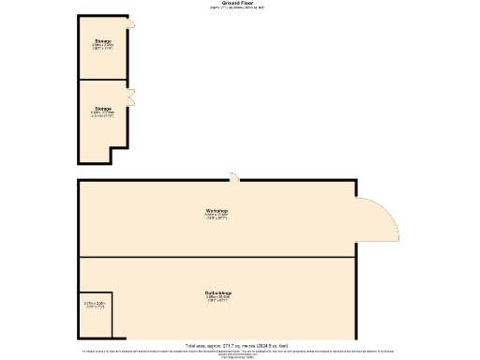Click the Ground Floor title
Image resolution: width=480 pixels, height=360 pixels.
pyautogui.click(x=236, y=4)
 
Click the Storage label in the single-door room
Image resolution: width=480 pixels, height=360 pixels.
pyautogui.click(x=103, y=41)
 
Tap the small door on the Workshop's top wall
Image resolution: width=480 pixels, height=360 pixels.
pyautogui.click(x=236, y=177)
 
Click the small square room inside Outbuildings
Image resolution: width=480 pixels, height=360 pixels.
pyautogui.click(x=97, y=319)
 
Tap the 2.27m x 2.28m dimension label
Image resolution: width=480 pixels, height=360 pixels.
pyautogui.click(x=96, y=305)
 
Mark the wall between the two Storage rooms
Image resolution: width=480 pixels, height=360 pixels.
pyautogui.click(x=104, y=80)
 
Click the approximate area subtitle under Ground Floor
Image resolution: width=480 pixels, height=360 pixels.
pyautogui.click(x=236, y=8)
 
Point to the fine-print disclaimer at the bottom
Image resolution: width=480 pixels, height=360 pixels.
pyautogui.click(x=236, y=352)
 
